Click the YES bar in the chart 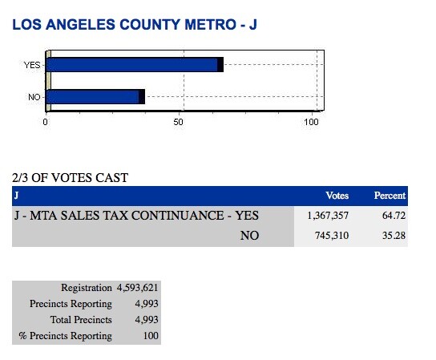click(135, 65)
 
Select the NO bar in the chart click(95, 97)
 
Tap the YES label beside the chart click(32, 65)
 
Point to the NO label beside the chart click(34, 97)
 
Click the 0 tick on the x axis click(46, 122)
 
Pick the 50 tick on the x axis click(178, 122)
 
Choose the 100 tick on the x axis click(311, 122)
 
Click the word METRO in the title click(211, 25)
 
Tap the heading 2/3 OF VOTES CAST click(70, 178)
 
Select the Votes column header click(337, 196)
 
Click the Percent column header click(390, 196)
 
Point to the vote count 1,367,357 click(328, 216)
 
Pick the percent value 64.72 click(394, 216)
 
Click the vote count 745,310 click(332, 236)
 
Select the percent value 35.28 click(394, 236)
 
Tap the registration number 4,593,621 click(137, 288)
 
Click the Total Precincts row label click(81, 320)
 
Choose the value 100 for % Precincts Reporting click(151, 335)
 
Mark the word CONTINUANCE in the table click(177, 216)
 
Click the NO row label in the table click(249, 236)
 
